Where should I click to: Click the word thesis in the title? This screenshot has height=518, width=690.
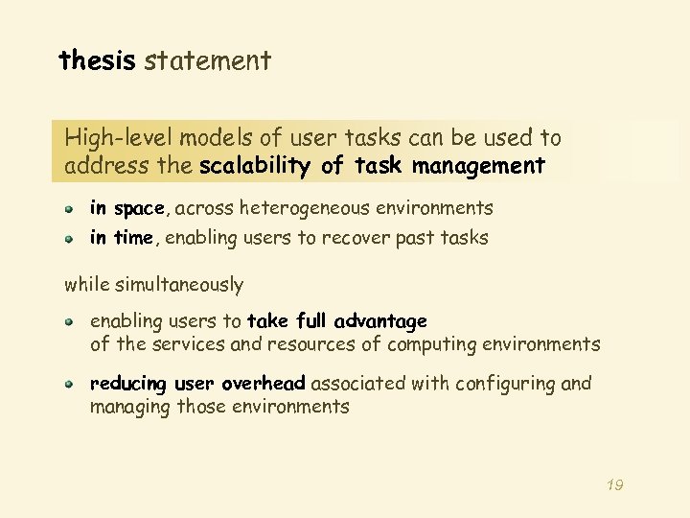click(98, 61)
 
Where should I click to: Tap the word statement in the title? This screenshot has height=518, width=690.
click(208, 61)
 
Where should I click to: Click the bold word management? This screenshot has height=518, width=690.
click(478, 166)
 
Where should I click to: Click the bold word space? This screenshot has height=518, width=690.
click(139, 209)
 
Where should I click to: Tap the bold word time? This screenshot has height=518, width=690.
click(133, 239)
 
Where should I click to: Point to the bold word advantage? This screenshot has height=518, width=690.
click(380, 320)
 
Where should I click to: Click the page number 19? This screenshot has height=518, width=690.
click(615, 485)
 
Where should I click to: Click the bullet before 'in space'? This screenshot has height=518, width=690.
click(70, 208)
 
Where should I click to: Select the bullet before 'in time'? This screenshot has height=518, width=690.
click(70, 238)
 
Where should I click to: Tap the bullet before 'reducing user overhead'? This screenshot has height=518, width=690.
click(70, 384)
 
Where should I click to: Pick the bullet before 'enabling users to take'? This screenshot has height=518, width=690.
click(70, 320)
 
